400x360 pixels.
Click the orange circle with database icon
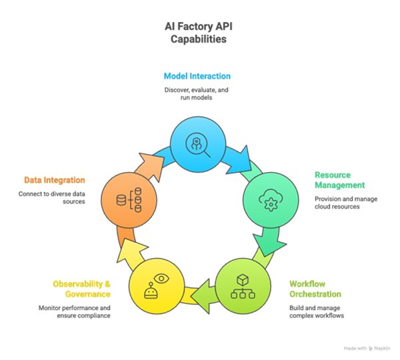[129, 199]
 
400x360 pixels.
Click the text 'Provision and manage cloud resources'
[345, 203]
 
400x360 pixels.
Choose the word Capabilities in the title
[199, 39]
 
